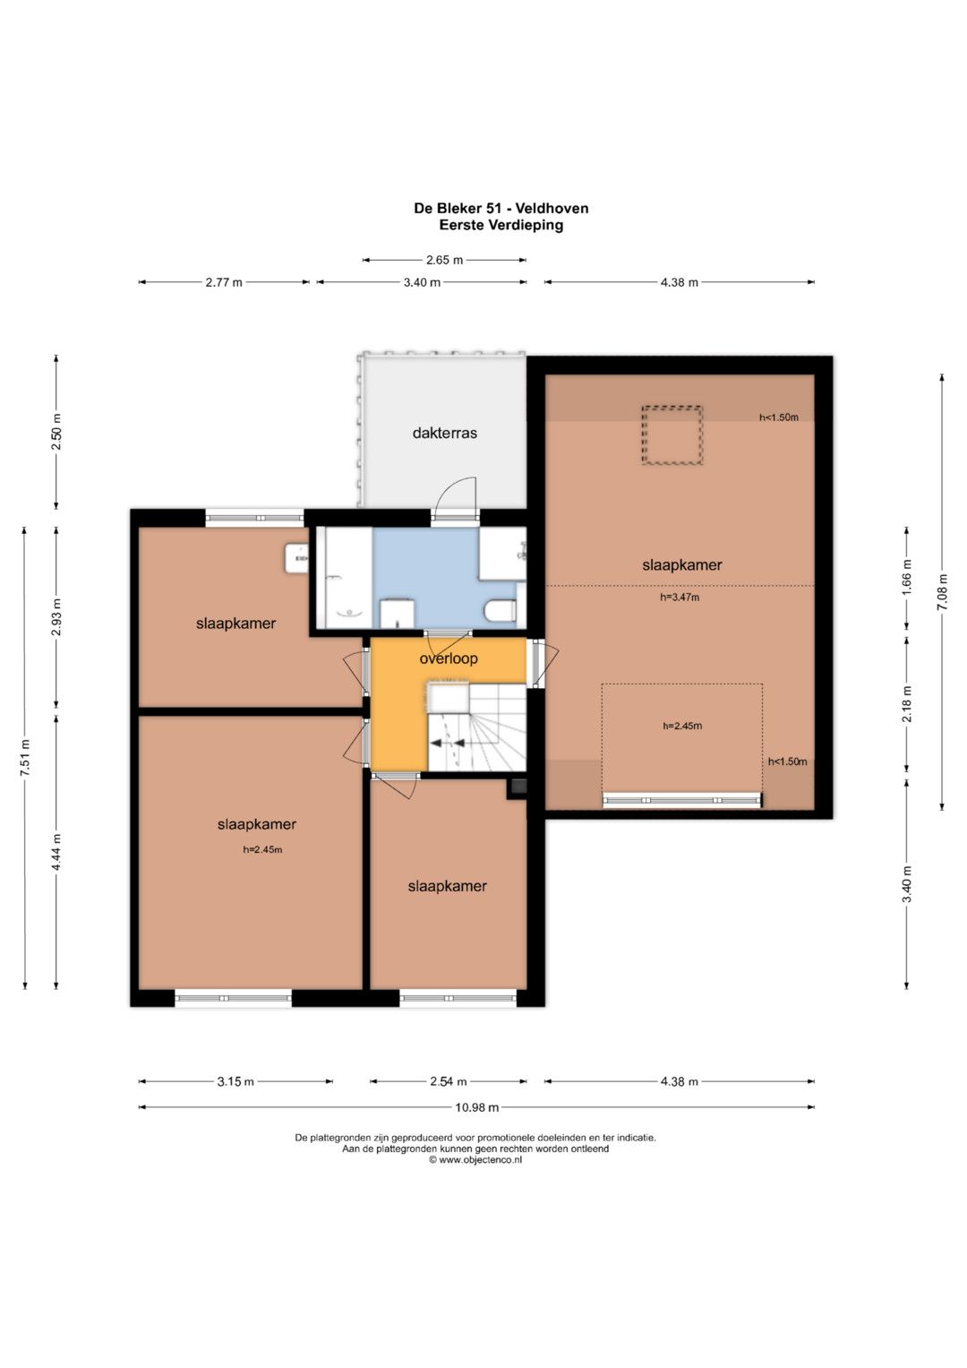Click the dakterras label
pyautogui.click(x=444, y=433)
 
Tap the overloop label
pyautogui.click(x=448, y=658)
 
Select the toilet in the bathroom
pyautogui.click(x=501, y=609)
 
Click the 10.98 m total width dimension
pyautogui.click(x=476, y=1106)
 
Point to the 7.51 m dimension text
pyautogui.click(x=25, y=757)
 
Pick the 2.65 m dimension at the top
pyautogui.click(x=444, y=260)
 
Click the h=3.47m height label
pyautogui.click(x=680, y=598)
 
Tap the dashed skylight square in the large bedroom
pyautogui.click(x=672, y=434)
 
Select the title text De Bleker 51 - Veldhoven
pyautogui.click(x=501, y=208)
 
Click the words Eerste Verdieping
pyautogui.click(x=501, y=225)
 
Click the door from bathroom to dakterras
pyautogui.click(x=455, y=498)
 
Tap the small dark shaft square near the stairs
pyautogui.click(x=518, y=787)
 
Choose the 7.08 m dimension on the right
pyautogui.click(x=942, y=592)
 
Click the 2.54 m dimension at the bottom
pyautogui.click(x=448, y=1081)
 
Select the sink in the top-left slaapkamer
pyautogui.click(x=297, y=557)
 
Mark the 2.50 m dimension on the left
pyautogui.click(x=56, y=432)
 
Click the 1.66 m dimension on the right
pyautogui.click(x=906, y=579)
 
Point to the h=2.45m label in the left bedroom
pyautogui.click(x=262, y=849)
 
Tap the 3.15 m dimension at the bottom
pyautogui.click(x=235, y=1081)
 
